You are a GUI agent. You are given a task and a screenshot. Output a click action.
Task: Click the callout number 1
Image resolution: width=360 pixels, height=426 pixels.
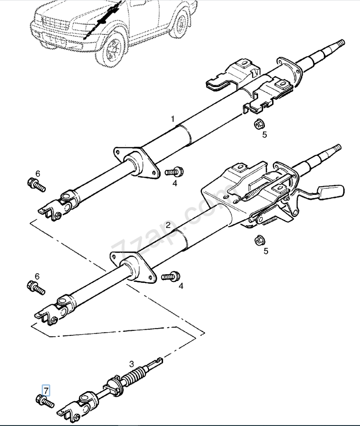tap(173, 119)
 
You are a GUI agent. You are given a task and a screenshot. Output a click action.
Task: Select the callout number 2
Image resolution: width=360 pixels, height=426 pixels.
tap(168, 225)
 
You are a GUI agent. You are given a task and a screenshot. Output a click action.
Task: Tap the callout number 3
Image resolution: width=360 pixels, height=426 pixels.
tap(132, 363)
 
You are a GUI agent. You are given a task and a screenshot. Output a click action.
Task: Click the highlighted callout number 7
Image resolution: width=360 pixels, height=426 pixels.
tap(46, 391)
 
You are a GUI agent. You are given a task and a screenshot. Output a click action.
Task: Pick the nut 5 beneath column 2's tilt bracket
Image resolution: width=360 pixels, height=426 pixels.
tap(260, 240)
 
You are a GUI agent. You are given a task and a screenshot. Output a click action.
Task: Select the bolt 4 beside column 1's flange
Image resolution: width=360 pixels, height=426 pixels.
tap(174, 171)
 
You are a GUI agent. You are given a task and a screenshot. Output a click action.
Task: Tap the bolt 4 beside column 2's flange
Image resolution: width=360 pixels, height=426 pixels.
tap(171, 276)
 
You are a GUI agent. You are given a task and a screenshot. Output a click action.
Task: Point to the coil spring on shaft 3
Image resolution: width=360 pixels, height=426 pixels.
tap(135, 375)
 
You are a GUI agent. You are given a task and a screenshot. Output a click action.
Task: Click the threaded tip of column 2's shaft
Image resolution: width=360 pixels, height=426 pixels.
tap(336, 148)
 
